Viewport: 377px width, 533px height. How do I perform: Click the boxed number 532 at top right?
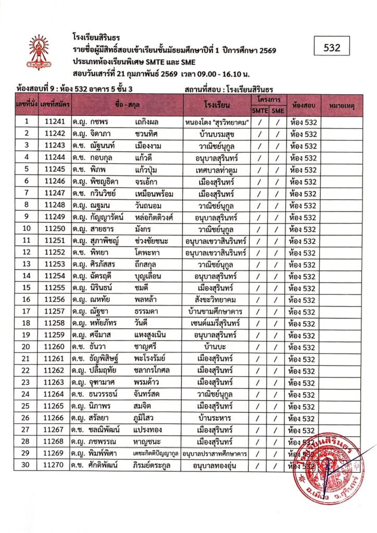(x=332, y=48)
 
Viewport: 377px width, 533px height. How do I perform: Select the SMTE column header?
(x=259, y=110)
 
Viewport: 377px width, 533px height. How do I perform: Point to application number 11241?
(x=54, y=122)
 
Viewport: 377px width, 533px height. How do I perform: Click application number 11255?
(x=54, y=288)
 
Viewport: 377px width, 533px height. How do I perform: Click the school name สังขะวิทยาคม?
(x=216, y=300)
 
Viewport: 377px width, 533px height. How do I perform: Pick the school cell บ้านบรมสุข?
(x=216, y=134)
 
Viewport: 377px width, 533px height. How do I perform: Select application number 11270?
(x=54, y=465)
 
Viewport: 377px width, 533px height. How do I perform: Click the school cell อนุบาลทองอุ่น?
(x=216, y=465)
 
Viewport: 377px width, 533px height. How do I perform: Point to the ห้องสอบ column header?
(x=303, y=105)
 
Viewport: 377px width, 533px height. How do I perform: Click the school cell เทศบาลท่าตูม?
(x=216, y=170)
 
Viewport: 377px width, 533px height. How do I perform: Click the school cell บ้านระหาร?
(x=216, y=418)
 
